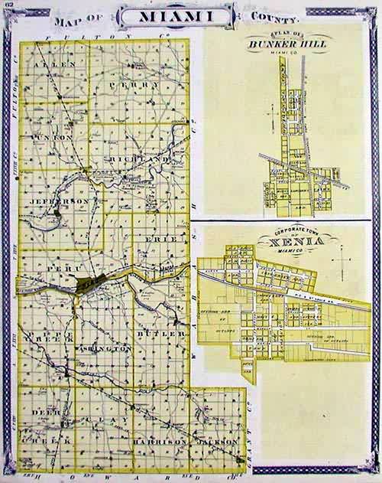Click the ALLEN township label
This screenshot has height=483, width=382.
[x=54, y=66]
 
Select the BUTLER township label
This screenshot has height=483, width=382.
[x=160, y=335]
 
